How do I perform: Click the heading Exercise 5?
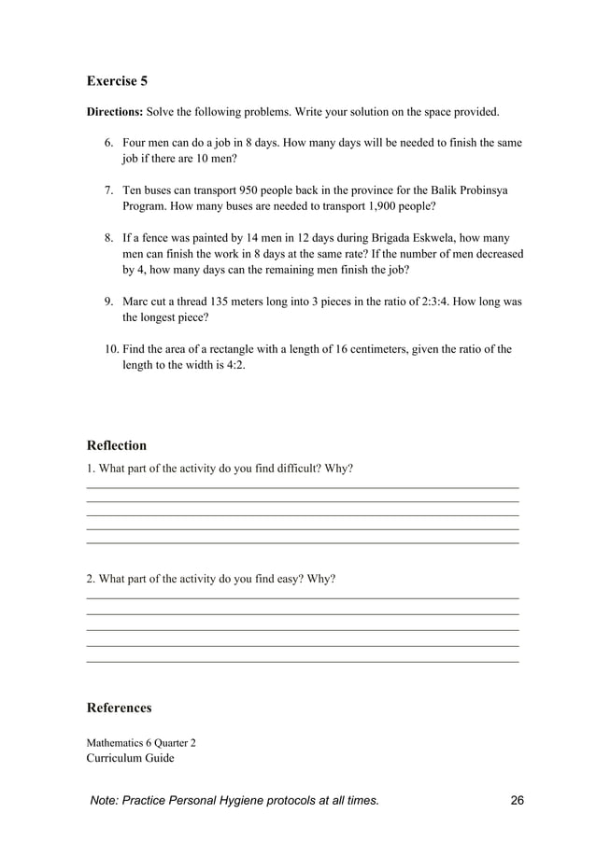117,80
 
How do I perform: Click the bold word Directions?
114,113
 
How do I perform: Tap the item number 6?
108,143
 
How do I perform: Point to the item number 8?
108,238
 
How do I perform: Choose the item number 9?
108,302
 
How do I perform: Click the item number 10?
111,349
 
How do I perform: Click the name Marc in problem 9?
137,302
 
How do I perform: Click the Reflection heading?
116,445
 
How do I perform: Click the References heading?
119,708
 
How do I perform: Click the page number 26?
518,801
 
